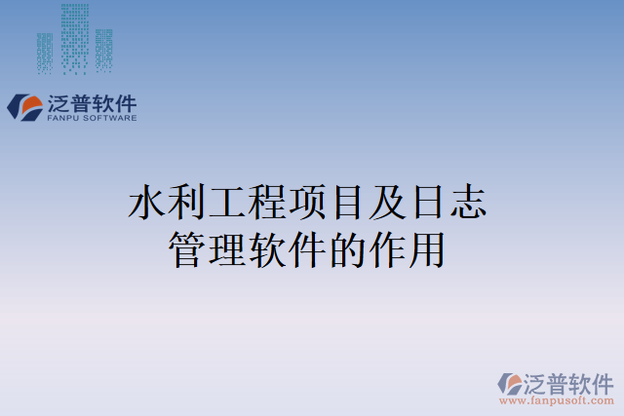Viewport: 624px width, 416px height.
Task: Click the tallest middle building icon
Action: (x=74, y=37)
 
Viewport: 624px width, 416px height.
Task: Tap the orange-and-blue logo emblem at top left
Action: (x=24, y=106)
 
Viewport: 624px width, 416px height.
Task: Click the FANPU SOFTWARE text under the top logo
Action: (x=92, y=119)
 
